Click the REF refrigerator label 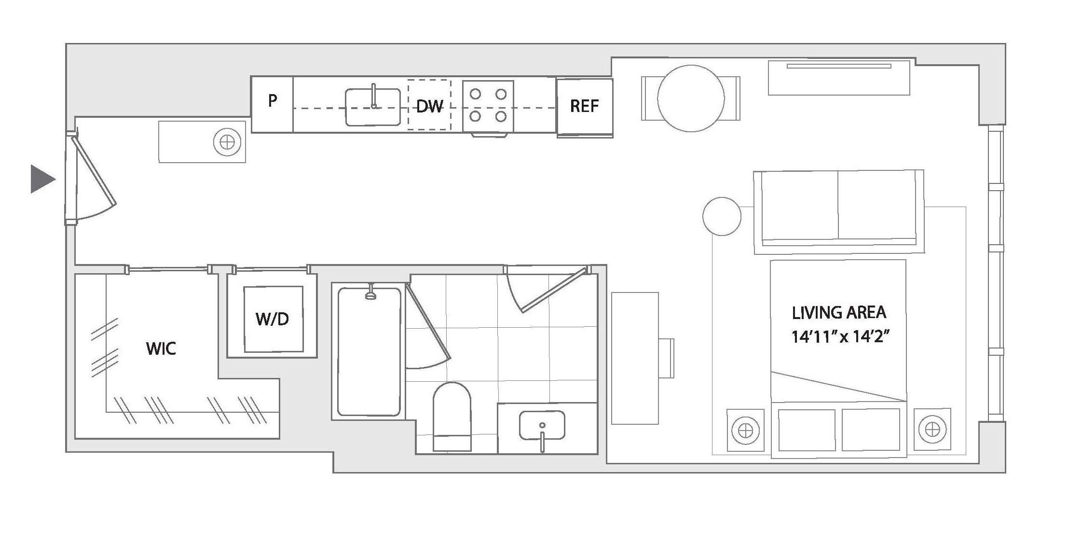(x=584, y=106)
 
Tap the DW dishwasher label (x=429, y=106)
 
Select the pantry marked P (x=273, y=104)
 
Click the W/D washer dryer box (x=274, y=319)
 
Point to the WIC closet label (x=161, y=348)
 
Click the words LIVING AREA (x=839, y=312)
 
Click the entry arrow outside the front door (x=43, y=179)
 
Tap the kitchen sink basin (x=373, y=107)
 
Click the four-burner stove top (x=488, y=106)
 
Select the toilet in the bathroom (x=452, y=417)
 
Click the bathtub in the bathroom (x=369, y=352)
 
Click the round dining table (x=691, y=98)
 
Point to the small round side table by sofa (x=722, y=216)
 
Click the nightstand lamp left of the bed (x=746, y=430)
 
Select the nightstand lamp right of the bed (x=932, y=429)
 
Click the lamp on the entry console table (x=227, y=142)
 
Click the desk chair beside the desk (x=666, y=358)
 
